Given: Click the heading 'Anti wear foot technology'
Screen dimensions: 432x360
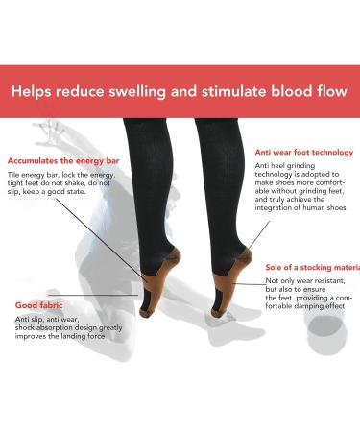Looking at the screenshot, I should (x=304, y=152).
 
